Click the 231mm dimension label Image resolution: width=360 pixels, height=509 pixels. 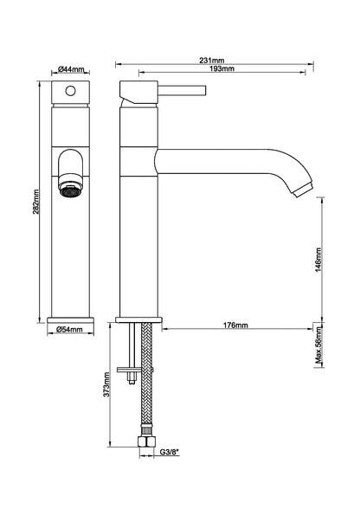pos(212,61)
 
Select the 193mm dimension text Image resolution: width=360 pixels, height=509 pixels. pos(222,68)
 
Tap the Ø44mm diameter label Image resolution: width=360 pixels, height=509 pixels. pos(71,69)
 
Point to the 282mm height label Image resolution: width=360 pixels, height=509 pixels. pos(35,202)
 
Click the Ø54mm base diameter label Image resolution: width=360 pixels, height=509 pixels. pos(70,330)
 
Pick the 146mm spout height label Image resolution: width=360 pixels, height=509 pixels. pos(318,260)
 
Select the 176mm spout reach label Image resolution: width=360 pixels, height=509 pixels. pos(235,325)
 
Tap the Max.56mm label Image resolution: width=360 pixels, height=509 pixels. pos(319,345)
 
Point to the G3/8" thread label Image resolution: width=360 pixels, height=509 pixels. pos(170,452)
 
